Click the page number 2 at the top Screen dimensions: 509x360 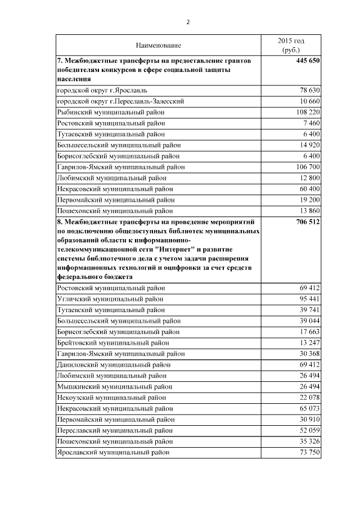pyautogui.click(x=188, y=22)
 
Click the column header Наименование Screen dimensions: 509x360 pyautogui.click(x=158, y=44)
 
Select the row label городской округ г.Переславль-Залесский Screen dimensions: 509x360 pyautogui.click(x=120, y=101)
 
